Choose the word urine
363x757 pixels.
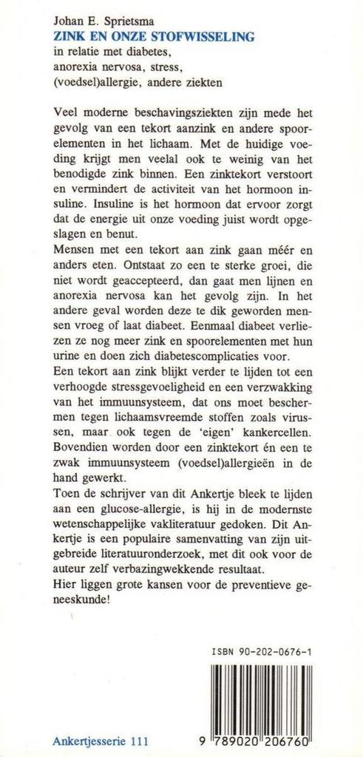[70, 378]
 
